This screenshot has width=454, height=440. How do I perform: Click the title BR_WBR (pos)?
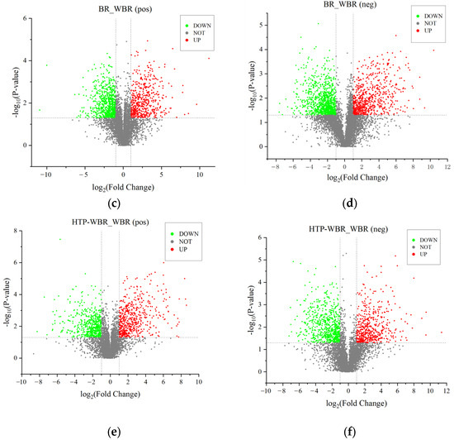tap(125, 9)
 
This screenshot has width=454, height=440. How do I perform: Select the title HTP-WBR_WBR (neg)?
tap(348, 229)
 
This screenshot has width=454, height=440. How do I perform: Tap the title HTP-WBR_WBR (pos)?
tap(111, 222)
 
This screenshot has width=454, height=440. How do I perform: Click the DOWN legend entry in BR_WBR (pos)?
tap(199, 26)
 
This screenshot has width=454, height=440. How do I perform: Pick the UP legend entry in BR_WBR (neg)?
tap(424, 31)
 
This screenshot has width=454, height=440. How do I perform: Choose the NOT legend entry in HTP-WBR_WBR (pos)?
tap(182, 242)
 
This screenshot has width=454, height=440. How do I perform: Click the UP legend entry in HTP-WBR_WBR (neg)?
tap(420, 255)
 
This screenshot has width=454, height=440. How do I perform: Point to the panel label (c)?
tap(114, 203)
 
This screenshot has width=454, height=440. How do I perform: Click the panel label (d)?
tap(349, 203)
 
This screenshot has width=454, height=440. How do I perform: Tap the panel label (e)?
tap(114, 433)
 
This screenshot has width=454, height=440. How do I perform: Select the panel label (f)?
tap(349, 433)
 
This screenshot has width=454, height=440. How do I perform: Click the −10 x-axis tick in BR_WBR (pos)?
tap(45, 175)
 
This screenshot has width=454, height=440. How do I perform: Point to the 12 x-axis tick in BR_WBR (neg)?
tap(447, 167)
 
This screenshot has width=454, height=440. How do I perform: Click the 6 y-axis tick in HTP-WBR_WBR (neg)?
tap(260, 237)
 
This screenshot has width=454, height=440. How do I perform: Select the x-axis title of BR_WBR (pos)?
tap(123, 188)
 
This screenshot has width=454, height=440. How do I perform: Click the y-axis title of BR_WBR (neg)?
tap(253, 86)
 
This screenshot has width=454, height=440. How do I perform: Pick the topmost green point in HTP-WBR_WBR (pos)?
tap(60, 239)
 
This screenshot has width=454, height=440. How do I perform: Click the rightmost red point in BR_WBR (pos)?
tap(209, 58)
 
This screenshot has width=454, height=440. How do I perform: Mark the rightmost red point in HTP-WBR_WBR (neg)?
tap(442, 332)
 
